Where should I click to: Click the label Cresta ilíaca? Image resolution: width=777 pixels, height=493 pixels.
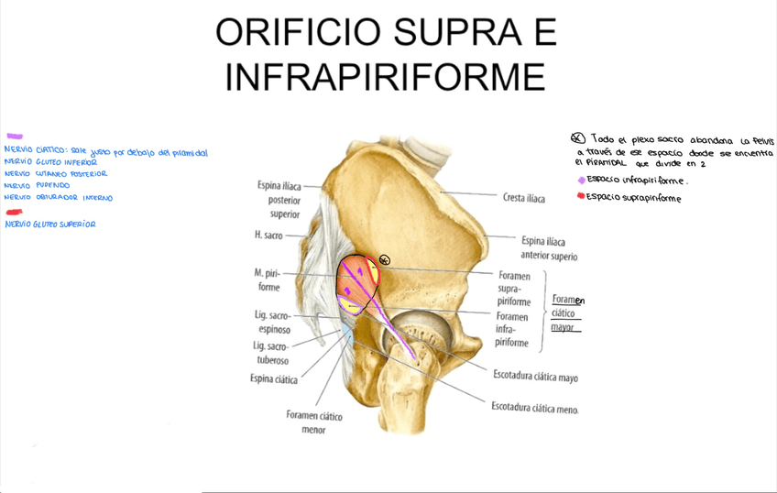click(523, 197)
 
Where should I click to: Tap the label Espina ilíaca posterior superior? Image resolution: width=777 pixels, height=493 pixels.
click(284, 200)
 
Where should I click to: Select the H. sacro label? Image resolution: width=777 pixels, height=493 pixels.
click(268, 236)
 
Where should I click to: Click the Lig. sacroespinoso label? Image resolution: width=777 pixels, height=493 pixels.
click(272, 322)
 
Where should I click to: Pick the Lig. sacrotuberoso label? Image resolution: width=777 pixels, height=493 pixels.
click(270, 353)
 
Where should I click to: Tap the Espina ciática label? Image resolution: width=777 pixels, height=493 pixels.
click(273, 378)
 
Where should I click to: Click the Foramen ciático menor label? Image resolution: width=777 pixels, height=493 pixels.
click(313, 422)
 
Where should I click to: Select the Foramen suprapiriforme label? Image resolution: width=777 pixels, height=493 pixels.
click(513, 288)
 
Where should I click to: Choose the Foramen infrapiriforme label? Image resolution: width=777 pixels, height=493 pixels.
click(511, 330)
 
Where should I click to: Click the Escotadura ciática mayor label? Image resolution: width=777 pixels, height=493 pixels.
click(535, 376)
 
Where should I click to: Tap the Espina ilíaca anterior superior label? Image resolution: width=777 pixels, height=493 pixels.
click(549, 248)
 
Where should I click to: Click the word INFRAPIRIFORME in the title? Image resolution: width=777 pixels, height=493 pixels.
click(385, 76)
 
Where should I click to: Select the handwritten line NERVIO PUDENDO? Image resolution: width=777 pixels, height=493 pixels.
click(37, 185)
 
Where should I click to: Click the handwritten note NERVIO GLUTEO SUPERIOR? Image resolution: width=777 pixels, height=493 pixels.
click(50, 225)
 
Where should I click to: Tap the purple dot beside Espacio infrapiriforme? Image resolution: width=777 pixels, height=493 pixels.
click(581, 181)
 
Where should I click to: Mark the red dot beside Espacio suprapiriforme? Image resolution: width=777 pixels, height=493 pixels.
click(581, 196)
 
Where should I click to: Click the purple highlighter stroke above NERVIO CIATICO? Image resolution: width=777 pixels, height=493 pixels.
click(15, 137)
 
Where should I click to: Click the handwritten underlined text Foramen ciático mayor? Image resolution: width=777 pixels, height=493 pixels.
click(568, 313)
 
